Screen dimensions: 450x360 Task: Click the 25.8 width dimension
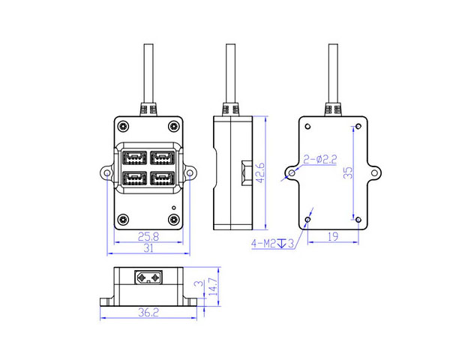tap(148, 236)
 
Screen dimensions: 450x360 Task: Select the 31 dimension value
tap(148, 248)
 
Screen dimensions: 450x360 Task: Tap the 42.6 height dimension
tap(260, 172)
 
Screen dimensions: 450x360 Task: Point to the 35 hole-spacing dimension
tap(348, 172)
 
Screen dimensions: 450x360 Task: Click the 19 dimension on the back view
tap(333, 236)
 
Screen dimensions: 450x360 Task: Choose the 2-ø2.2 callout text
tap(320, 159)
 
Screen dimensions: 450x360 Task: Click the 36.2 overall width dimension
tap(148, 312)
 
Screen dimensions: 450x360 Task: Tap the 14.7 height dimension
tap(214, 286)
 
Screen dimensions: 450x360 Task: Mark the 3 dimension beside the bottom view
tap(199, 283)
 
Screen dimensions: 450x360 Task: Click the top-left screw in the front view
tap(124, 126)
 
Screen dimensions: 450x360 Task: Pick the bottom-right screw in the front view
tap(173, 220)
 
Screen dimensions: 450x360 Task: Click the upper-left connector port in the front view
tap(134, 157)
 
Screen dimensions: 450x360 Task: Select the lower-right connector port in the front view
tap(163, 178)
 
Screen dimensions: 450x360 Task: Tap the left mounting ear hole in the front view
tap(106, 173)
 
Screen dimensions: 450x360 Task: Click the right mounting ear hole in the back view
tap(374, 172)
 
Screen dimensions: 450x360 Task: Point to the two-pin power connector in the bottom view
tap(148, 277)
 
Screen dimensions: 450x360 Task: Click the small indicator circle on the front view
tap(174, 208)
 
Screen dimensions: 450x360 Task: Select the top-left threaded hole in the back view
tap(307, 126)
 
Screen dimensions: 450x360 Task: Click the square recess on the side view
tap(247, 172)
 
